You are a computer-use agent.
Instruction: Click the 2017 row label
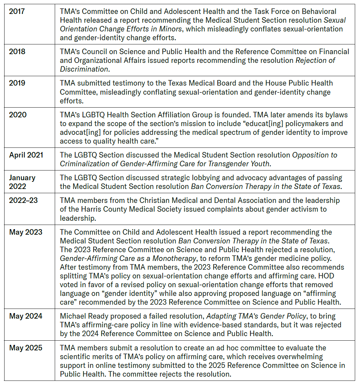click(17, 11)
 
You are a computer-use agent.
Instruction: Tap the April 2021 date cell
click(26, 155)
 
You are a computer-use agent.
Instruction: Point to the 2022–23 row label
click(23, 200)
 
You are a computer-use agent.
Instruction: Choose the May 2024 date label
click(26, 316)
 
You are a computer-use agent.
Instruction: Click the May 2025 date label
click(26, 348)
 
